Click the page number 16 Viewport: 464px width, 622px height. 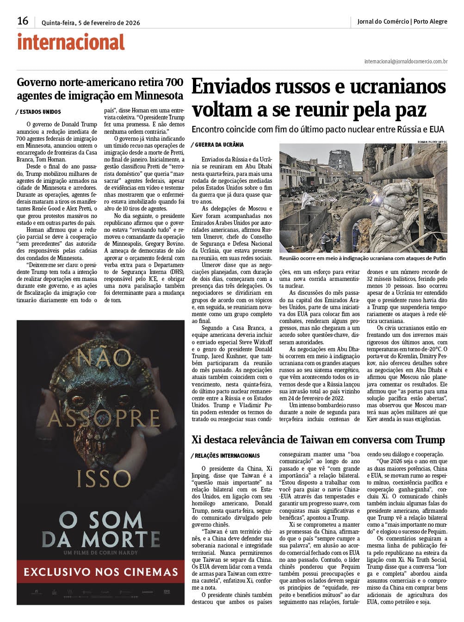pyautogui.click(x=23, y=21)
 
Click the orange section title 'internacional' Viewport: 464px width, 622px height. pyautogui.click(x=71, y=42)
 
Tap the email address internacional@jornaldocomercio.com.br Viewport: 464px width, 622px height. pyautogui.click(x=406, y=61)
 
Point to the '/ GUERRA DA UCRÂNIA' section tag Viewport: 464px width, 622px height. pyautogui.click(x=217, y=145)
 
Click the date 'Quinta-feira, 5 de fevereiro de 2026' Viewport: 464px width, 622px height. pyautogui.click(x=91, y=22)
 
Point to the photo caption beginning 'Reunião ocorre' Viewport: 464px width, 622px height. pyautogui.click(x=363, y=258)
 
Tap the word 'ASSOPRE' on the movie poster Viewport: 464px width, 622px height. pyautogui.click(x=104, y=420)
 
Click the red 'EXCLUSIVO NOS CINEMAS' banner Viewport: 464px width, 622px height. pyautogui.click(x=100, y=572)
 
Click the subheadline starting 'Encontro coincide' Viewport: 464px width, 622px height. pyautogui.click(x=318, y=129)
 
